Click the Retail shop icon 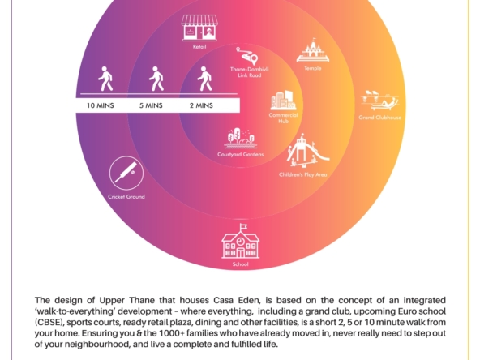pyautogui.click(x=199, y=28)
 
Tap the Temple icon pyautogui.click(x=312, y=50)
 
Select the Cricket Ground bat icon pyautogui.click(x=126, y=173)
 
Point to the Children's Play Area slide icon pyautogui.click(x=307, y=151)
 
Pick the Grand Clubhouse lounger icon pyautogui.click(x=380, y=100)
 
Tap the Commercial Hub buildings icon pyautogui.click(x=283, y=101)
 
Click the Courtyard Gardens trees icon pyautogui.click(x=241, y=138)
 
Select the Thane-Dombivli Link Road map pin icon pyautogui.click(x=247, y=55)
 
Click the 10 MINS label pyautogui.click(x=101, y=105)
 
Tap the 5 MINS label pyautogui.click(x=151, y=105)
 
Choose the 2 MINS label pyautogui.click(x=201, y=105)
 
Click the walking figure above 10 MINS pyautogui.click(x=105, y=79)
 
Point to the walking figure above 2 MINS pyautogui.click(x=205, y=79)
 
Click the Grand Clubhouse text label pyautogui.click(x=380, y=118)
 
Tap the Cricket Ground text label pyautogui.click(x=126, y=196)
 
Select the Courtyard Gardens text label pyautogui.click(x=241, y=154)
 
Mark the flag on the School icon pyautogui.click(x=244, y=226)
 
